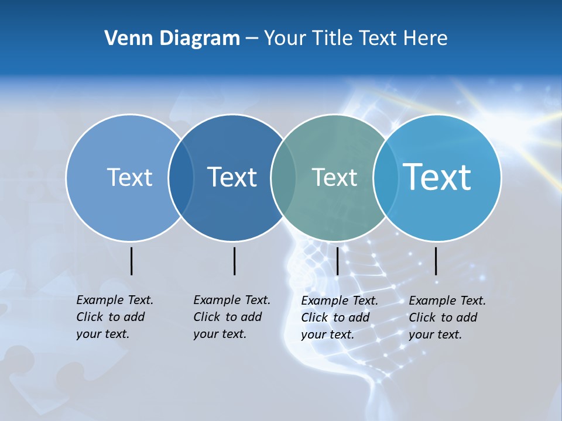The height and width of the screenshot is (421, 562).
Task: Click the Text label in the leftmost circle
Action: point(129,177)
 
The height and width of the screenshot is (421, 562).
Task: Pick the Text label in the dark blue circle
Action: point(232,177)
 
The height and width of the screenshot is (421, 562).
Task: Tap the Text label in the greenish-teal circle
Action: point(334,177)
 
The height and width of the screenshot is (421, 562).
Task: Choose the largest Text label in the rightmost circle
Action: point(437,177)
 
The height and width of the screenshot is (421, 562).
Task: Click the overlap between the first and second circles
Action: point(181,177)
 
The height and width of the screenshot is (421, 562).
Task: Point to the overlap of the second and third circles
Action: point(283,177)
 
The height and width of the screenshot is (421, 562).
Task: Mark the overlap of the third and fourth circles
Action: point(385,177)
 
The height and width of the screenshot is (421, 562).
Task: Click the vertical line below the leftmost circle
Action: point(131,261)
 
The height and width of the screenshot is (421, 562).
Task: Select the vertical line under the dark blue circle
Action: point(234,261)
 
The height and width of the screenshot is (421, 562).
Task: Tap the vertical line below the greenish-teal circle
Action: point(337,261)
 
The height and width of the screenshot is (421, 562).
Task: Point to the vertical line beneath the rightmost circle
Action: point(436,261)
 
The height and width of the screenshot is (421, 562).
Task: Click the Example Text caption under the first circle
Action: point(115,317)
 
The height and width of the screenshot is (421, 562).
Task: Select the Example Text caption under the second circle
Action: point(232,317)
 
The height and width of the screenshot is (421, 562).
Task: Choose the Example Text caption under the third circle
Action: point(340,318)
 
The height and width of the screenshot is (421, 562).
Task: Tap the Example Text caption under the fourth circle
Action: point(447,318)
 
